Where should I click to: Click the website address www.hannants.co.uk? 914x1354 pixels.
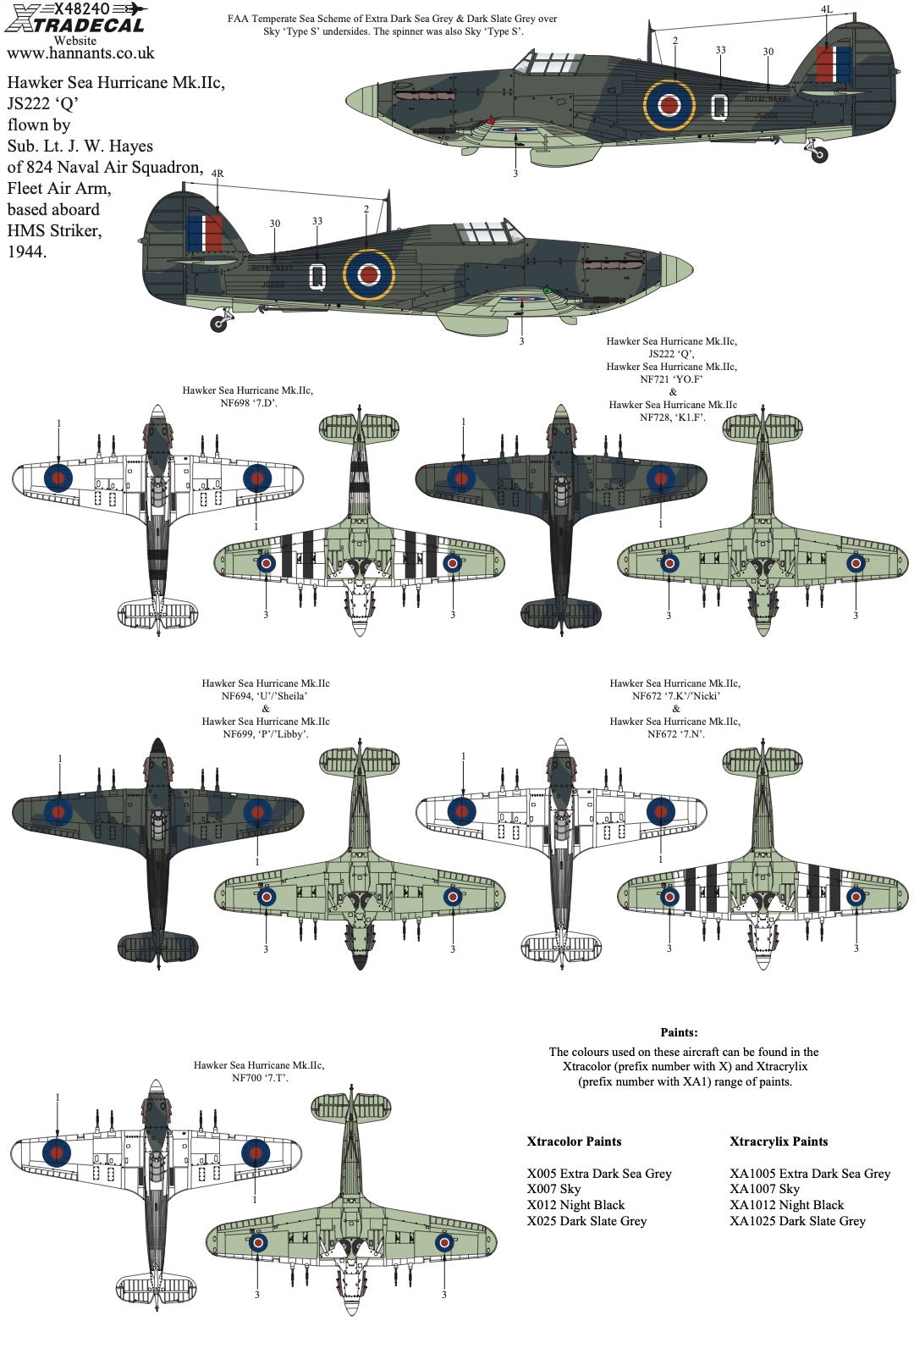coord(80,53)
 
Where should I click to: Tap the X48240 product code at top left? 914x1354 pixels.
coord(80,8)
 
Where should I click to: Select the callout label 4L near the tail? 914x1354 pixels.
coord(826,9)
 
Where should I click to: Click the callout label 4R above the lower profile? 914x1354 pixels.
coord(217,174)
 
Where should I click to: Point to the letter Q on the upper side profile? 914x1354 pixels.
coord(719,107)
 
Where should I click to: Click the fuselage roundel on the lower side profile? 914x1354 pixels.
coord(369,274)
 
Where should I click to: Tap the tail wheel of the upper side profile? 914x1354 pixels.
coord(818,155)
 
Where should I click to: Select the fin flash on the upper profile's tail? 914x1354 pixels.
coord(834,64)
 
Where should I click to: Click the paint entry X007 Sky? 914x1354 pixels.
coord(553,1189)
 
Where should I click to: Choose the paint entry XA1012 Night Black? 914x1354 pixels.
coord(786,1205)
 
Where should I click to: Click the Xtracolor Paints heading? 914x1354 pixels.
coord(574,1141)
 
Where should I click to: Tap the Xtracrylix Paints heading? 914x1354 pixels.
coord(779,1141)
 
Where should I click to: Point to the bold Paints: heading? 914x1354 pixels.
coord(679,1032)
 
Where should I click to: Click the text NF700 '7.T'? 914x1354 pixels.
coord(259,1078)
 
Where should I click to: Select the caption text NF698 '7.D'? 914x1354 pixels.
coord(248,403)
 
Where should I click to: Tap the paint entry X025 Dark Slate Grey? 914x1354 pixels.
coord(586,1221)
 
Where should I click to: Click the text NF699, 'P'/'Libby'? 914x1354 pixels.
coord(265,734)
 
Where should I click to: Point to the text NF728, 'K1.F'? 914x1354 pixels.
coord(672,417)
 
